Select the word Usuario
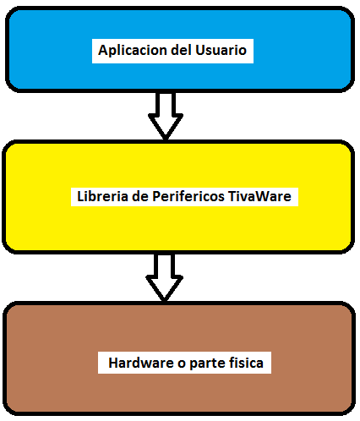point(221,50)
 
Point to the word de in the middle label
point(140,196)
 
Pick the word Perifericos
point(188,197)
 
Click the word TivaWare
point(259,196)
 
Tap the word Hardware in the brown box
point(141,363)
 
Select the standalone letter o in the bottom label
point(182,364)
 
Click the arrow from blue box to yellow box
point(166,116)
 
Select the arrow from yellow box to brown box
point(165,277)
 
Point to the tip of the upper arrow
point(166,139)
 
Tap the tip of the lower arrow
point(164,301)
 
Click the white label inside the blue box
point(172,51)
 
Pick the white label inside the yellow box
point(184,197)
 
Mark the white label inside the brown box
point(184,363)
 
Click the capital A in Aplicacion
point(103,50)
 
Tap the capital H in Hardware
point(113,363)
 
